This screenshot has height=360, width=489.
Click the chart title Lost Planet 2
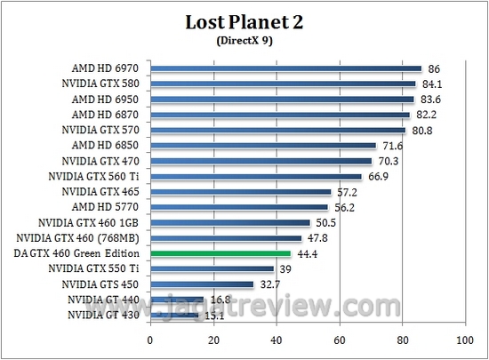click(x=244, y=22)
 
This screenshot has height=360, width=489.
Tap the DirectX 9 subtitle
click(x=244, y=41)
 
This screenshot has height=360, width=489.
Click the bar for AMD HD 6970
click(x=285, y=68)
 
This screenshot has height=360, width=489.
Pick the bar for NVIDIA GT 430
click(x=174, y=314)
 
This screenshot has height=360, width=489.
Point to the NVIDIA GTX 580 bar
click(x=283, y=84)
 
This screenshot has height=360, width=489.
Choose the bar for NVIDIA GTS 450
click(x=202, y=284)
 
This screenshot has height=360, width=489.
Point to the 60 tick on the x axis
click(x=339, y=340)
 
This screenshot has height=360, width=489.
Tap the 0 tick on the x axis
click(x=151, y=340)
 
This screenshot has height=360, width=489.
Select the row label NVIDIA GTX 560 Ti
click(x=97, y=176)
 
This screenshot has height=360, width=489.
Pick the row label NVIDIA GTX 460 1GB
click(x=93, y=222)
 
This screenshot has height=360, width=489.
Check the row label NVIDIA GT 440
click(x=105, y=300)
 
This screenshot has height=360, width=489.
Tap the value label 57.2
click(x=345, y=191)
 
